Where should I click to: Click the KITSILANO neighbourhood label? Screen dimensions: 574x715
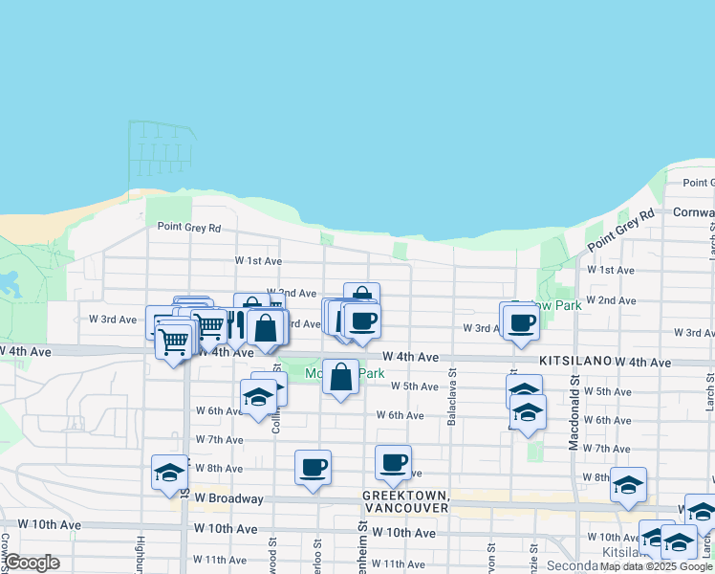tap(574, 362)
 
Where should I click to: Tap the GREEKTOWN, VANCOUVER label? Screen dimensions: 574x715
tap(405, 501)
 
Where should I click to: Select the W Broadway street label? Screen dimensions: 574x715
tap(228, 498)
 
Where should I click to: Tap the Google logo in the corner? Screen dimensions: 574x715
tap(31, 563)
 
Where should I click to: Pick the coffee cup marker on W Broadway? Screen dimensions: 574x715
tap(313, 467)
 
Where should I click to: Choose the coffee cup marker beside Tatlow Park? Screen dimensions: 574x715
tap(521, 321)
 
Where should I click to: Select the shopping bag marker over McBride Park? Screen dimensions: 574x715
tap(340, 377)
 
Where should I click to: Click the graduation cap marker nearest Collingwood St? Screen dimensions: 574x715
tap(258, 396)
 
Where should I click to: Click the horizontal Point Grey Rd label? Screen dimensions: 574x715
tap(189, 228)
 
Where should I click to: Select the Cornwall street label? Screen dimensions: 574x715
tap(693, 211)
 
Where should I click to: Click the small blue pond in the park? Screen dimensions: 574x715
tap(10, 282)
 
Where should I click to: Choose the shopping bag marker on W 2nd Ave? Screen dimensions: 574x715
tap(361, 298)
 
